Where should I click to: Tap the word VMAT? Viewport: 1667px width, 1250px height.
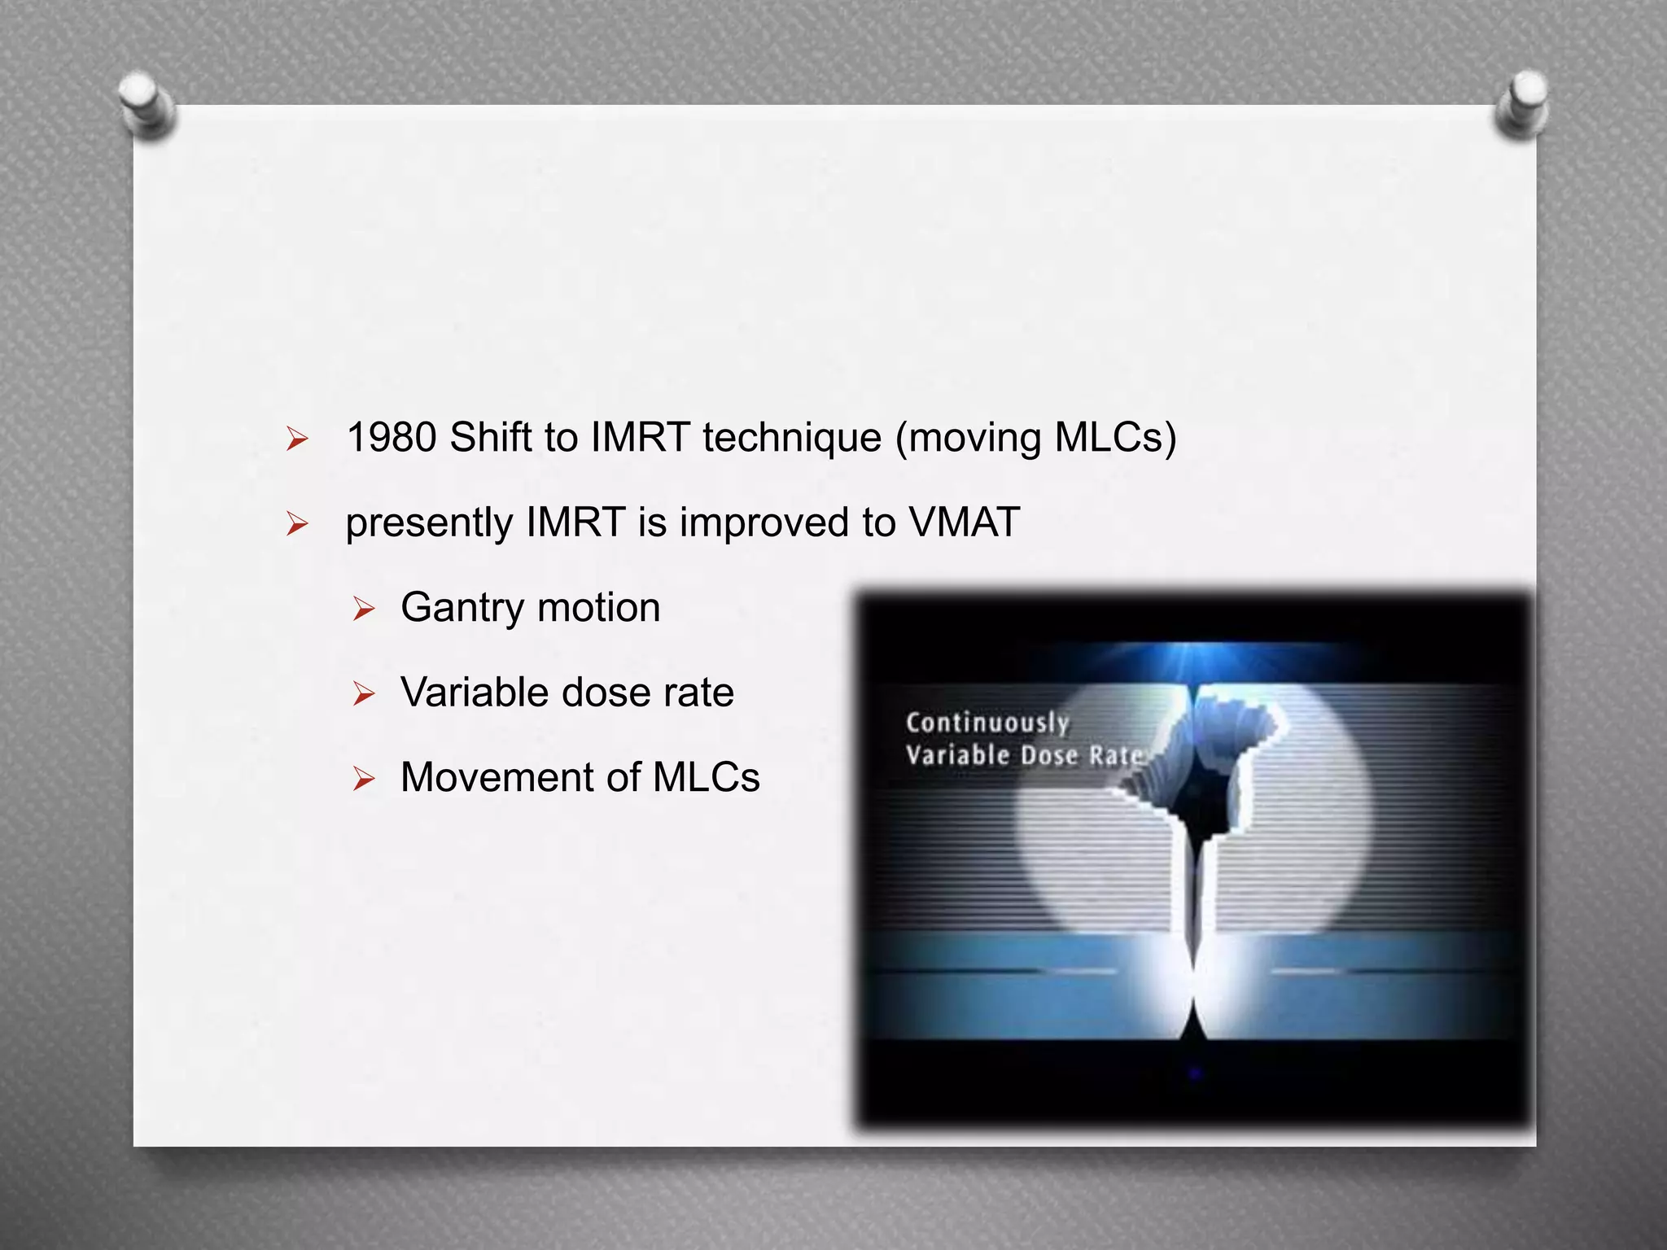[x=965, y=522]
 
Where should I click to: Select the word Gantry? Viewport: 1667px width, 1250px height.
[x=462, y=608]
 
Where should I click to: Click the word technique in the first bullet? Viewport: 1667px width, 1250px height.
[x=792, y=438]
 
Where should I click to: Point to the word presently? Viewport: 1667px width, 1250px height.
[x=428, y=523]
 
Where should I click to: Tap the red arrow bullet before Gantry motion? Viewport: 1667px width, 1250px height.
[x=363, y=609]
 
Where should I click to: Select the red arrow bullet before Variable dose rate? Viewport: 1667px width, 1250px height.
[x=363, y=694]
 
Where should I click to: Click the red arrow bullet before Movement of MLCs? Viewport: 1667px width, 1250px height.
[x=363, y=780]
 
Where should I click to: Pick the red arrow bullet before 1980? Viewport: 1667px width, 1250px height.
[x=297, y=440]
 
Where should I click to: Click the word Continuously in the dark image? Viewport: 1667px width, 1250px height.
[x=987, y=723]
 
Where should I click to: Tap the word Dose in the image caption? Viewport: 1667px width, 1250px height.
[x=1049, y=756]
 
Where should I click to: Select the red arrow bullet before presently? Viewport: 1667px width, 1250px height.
[x=297, y=525]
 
